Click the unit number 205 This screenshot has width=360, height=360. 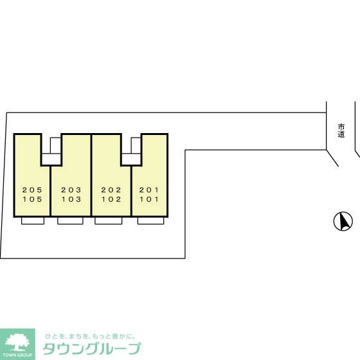point(32,190)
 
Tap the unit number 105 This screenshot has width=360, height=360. point(32,200)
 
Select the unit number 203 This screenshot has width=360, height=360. point(71,190)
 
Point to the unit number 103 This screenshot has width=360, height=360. point(71,200)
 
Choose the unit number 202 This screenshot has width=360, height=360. point(111,190)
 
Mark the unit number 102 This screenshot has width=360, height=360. point(111,200)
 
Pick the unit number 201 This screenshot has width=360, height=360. point(149,190)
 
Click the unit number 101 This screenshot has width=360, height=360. point(149,200)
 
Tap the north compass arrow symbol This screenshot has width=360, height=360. point(343,222)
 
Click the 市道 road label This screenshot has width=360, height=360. point(341,130)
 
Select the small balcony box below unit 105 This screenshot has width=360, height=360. point(33,221)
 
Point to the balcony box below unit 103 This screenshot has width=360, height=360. point(70,221)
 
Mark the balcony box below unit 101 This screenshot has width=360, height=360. point(151,221)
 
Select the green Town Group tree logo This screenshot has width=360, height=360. point(17,340)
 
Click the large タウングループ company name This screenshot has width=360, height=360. point(91,349)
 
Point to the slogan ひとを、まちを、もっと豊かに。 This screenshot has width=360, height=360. point(90,336)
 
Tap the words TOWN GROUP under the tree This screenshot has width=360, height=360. point(17,354)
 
